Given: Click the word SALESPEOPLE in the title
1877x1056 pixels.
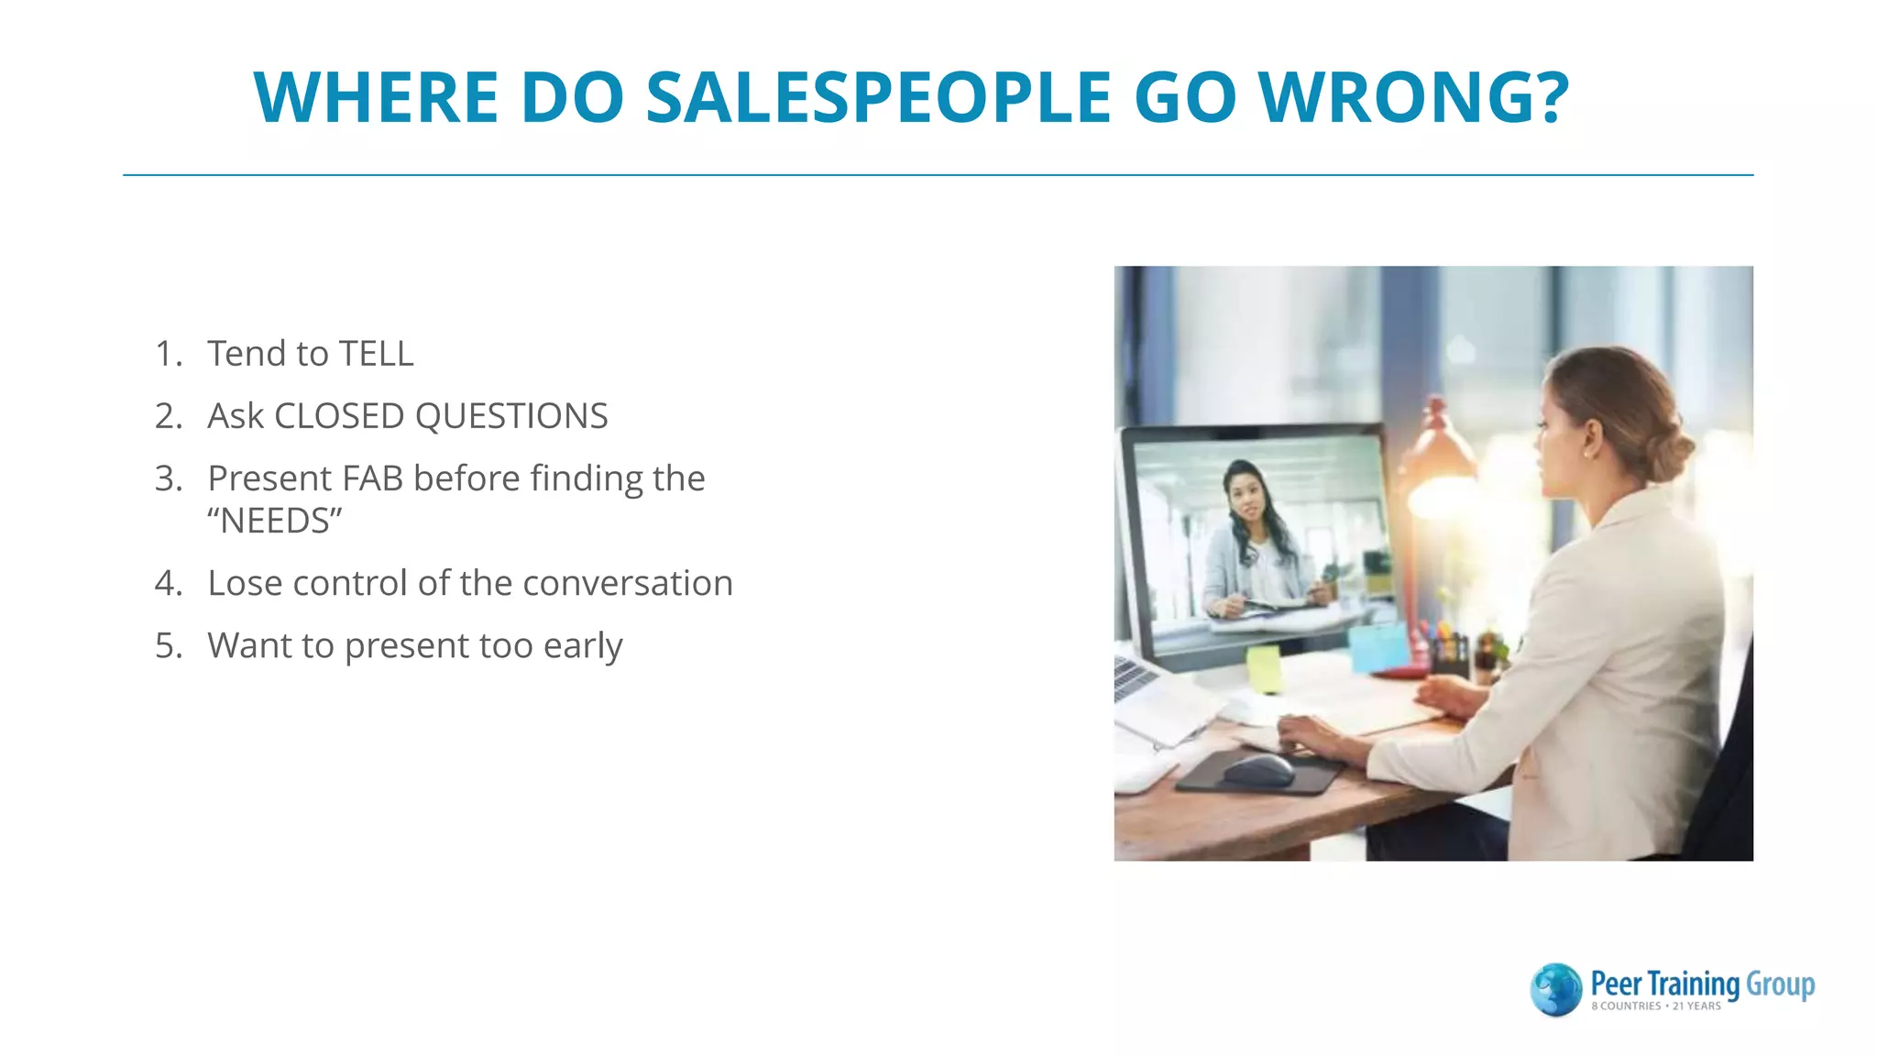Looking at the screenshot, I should click(x=878, y=97).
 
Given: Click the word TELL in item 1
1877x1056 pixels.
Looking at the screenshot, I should click(x=376, y=354).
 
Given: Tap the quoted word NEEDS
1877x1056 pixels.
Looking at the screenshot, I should click(x=274, y=522).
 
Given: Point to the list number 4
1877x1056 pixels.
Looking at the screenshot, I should click(x=168, y=584).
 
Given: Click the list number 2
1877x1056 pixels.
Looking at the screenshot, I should click(x=168, y=416).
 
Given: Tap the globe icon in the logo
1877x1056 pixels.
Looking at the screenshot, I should click(x=1555, y=989).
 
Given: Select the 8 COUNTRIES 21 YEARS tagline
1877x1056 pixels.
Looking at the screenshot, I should click(x=1655, y=1006).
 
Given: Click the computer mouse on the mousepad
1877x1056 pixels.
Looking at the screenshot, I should click(x=1258, y=769).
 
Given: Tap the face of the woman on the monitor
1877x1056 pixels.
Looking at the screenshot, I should click(x=1246, y=496).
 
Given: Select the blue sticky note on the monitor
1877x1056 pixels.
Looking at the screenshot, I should click(x=1378, y=645).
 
